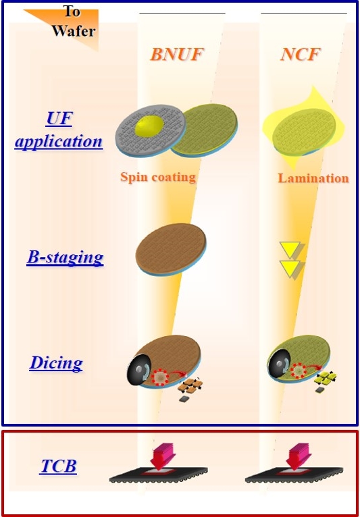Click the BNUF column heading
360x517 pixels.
(176, 54)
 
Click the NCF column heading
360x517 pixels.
(301, 54)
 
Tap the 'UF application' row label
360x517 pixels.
(58, 130)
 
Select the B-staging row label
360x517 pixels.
(65, 258)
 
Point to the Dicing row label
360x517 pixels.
(56, 363)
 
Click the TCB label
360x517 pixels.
(58, 466)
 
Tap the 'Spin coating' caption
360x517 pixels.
(158, 177)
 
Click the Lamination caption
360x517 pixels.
(313, 178)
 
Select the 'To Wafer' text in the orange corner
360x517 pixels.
(74, 21)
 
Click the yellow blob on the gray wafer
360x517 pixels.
(149, 128)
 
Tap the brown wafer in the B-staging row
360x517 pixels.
(171, 249)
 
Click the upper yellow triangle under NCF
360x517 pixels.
(290, 250)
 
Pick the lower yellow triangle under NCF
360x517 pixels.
(290, 269)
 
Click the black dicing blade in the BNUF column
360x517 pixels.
(139, 369)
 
